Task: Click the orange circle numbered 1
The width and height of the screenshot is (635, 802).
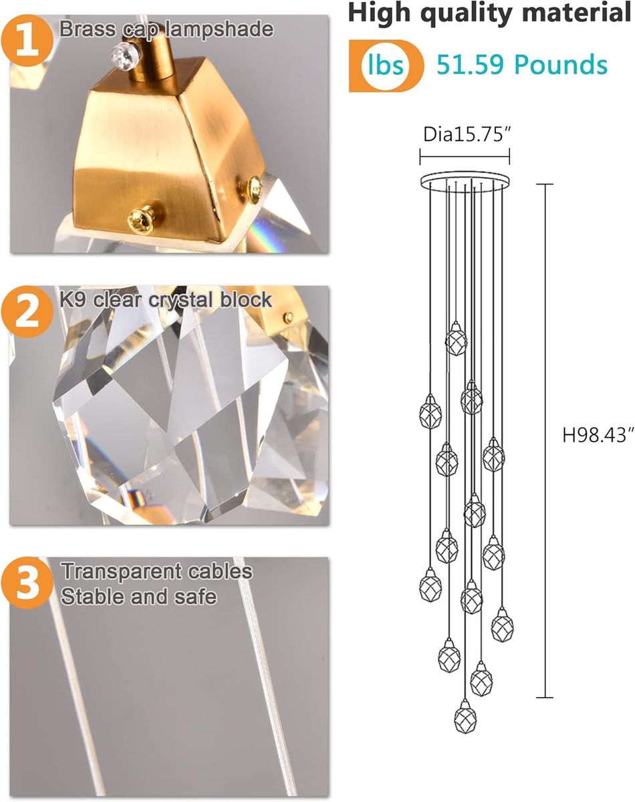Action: pos(27,40)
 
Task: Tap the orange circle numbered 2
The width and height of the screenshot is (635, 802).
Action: pos(27,312)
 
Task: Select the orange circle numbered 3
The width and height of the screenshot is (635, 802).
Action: pos(27,583)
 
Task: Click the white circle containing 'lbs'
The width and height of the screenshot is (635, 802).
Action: pos(385,65)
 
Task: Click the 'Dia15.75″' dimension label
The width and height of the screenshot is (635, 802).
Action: pos(467,134)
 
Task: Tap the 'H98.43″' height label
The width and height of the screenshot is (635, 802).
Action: pos(598,434)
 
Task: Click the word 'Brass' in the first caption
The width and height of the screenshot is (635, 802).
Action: pos(88,29)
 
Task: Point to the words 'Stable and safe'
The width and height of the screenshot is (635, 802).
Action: pos(139,596)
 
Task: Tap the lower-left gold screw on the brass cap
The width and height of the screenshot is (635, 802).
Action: pos(141,219)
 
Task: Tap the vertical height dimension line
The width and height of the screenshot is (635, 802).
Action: pos(546,441)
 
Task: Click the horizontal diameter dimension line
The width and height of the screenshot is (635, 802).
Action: pos(465,156)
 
